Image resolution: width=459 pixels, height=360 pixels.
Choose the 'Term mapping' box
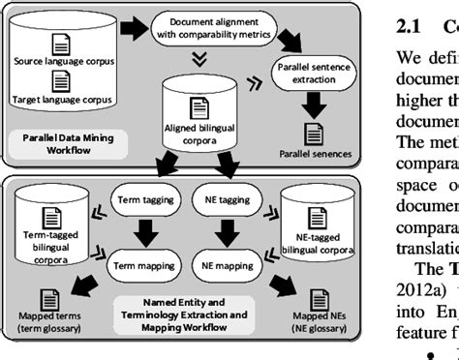(x=140, y=261)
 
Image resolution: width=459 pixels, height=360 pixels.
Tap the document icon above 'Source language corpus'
(x=62, y=44)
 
